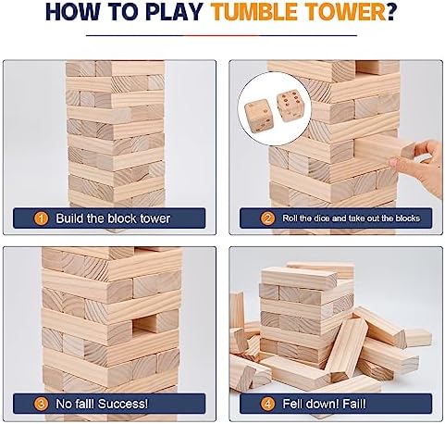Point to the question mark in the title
pyautogui.click(x=391, y=13)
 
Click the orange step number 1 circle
pyautogui.click(x=42, y=218)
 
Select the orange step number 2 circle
pyautogui.click(x=267, y=218)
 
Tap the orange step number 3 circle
pyautogui.click(x=42, y=404)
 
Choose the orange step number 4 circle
pyautogui.click(x=267, y=404)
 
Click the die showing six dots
pyautogui.click(x=290, y=106)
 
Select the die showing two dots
pyautogui.click(x=259, y=117)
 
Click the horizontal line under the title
pyautogui.click(x=221, y=35)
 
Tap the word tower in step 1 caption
pyautogui.click(x=155, y=218)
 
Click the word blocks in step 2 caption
pyautogui.click(x=408, y=218)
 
